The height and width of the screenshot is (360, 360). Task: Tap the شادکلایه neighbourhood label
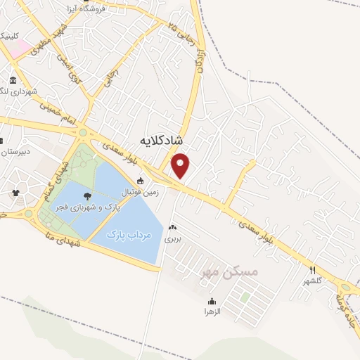coord(162,141)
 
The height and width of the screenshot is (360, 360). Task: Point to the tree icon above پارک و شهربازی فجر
coord(88,197)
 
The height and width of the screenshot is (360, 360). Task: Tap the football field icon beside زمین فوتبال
coord(141,181)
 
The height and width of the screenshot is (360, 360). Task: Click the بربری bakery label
coord(173,239)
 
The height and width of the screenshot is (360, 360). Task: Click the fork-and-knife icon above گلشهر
coord(313,270)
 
